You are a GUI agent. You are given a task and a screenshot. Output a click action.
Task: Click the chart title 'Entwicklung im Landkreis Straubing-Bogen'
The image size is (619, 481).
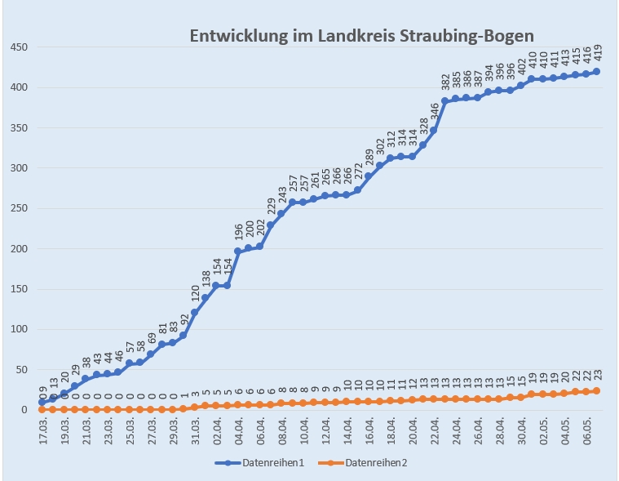pos(362,36)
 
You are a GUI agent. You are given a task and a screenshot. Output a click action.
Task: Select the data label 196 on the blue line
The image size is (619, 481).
pos(238,232)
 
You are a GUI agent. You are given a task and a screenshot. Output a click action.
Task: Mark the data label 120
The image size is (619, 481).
pos(195,293)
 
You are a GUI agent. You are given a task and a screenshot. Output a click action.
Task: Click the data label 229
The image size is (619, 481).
pos(271,205)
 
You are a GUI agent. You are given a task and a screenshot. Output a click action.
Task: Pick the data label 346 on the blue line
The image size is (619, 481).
pos(434,111)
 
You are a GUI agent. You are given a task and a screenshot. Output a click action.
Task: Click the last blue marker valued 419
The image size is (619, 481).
pos(596,72)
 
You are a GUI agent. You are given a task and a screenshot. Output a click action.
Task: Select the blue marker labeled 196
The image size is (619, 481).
pos(238,252)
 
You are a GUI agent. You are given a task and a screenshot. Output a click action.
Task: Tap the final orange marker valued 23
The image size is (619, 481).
pos(596,391)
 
